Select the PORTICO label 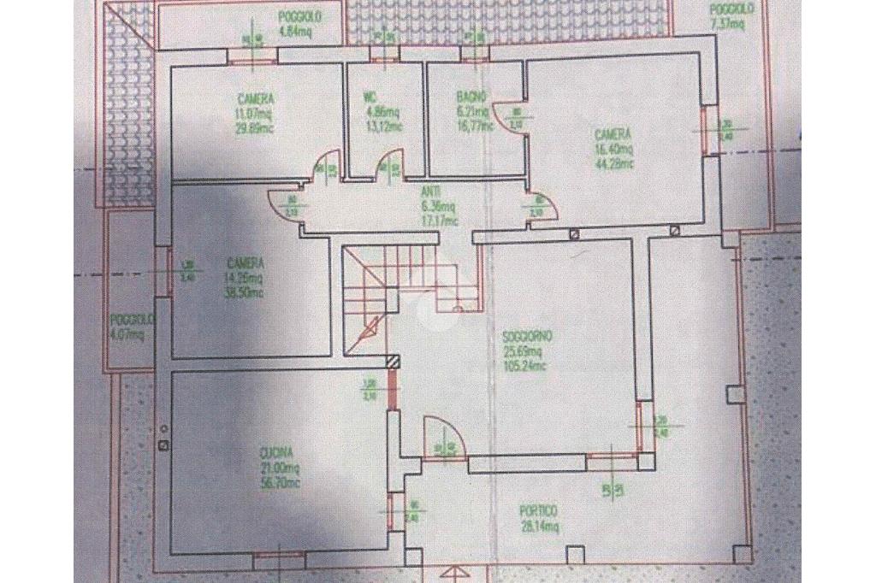[x=540, y=511]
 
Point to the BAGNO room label [x=471, y=97]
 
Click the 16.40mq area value [x=613, y=149]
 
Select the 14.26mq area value [x=245, y=277]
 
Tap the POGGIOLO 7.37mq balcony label [x=731, y=16]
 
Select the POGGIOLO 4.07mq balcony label [x=131, y=327]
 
